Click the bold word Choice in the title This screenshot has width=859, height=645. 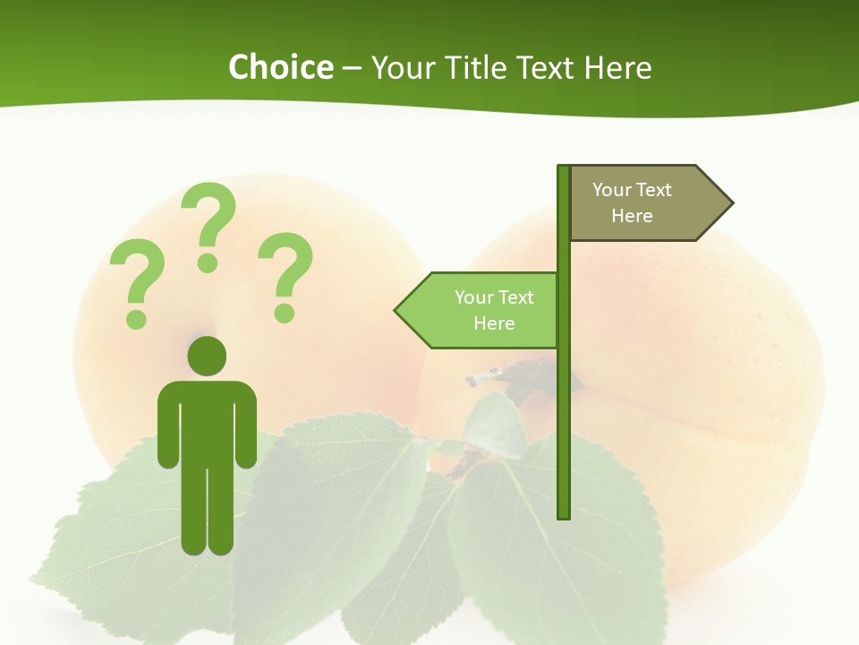tap(280, 67)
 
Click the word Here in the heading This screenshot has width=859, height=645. tap(617, 67)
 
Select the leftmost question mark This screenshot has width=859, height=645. tap(137, 282)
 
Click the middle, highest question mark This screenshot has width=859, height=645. tap(208, 224)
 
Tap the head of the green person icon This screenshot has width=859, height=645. tap(207, 356)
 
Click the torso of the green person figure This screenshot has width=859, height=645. tap(207, 421)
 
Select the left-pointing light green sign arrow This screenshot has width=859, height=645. tap(479, 310)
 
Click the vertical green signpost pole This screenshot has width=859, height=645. tap(564, 403)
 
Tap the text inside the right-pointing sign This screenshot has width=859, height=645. tap(632, 202)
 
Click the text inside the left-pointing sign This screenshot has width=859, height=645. tap(494, 310)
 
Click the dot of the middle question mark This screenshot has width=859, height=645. tap(208, 262)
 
